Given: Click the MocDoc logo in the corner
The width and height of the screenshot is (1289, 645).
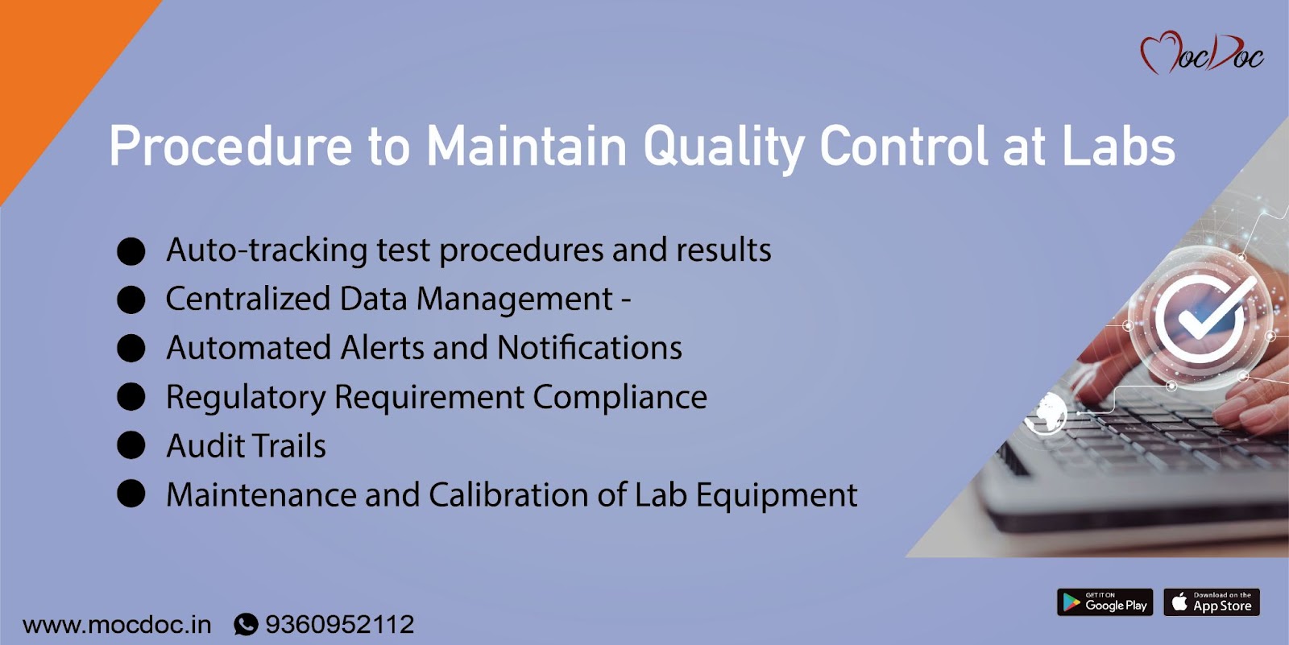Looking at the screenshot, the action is pos(1201,53).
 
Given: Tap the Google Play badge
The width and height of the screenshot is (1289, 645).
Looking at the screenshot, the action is pos(1105,602).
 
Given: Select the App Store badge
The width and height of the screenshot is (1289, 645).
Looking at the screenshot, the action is pos(1212,602).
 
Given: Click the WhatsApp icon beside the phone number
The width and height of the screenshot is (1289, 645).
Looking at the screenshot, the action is pos(246,624).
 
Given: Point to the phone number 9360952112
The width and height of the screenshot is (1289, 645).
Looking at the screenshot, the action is pos(339,624).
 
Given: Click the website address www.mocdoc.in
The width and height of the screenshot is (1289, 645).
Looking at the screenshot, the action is pos(117,625).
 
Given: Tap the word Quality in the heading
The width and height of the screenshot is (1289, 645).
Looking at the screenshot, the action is pos(723,147).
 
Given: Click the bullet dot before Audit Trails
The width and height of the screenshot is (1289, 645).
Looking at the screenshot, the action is pos(131,445).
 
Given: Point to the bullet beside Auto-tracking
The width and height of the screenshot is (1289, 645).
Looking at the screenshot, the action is pos(131,251).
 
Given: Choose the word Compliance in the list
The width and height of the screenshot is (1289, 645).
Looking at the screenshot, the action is pos(620,398).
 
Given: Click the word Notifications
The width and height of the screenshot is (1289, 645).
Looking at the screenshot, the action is pos(589,348).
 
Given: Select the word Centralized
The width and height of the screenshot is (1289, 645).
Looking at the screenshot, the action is pos(248,299).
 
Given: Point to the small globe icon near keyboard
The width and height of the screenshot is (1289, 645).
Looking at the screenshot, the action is pos(1047,412).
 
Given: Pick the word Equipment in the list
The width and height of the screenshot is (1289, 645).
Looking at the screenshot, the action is pos(777,496).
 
